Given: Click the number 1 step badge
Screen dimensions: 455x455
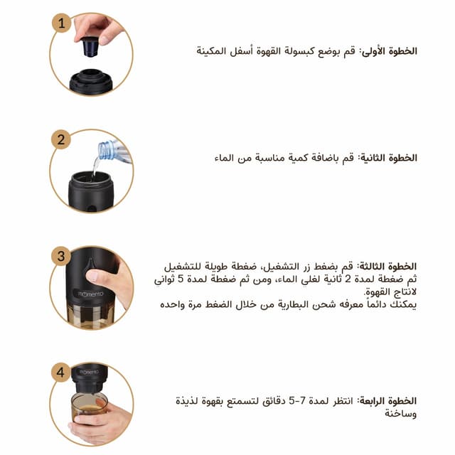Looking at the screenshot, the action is (x=61, y=23).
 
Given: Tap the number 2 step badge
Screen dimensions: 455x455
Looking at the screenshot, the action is (x=61, y=139).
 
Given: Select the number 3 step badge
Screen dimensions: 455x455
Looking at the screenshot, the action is (x=61, y=256).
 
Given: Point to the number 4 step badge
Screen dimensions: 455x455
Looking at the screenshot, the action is (x=60, y=373).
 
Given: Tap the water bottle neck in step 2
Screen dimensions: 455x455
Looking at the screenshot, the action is (x=106, y=150).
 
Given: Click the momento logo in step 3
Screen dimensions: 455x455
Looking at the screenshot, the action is (x=90, y=294).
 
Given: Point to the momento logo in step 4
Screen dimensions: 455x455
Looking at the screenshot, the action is (x=89, y=372).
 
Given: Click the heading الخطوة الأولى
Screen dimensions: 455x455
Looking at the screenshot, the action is (x=389, y=51).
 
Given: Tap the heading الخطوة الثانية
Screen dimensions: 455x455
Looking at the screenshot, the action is (x=387, y=158).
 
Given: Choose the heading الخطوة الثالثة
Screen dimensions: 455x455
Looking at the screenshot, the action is (x=387, y=267).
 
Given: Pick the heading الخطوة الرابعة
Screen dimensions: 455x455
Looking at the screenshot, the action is (x=387, y=401).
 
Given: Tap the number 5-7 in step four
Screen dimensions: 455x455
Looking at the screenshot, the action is (x=297, y=401).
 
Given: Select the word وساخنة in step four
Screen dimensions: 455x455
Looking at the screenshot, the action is (x=401, y=414).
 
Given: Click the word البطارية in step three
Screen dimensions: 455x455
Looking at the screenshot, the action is (x=294, y=305).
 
